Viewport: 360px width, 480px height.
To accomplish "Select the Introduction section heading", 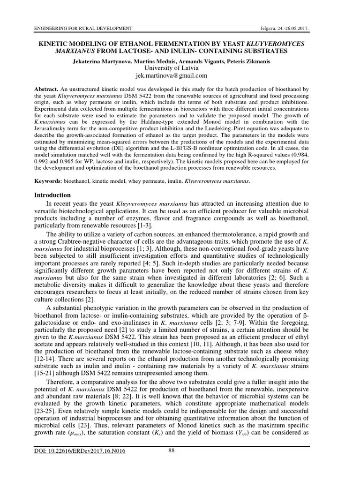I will [53, 195].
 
